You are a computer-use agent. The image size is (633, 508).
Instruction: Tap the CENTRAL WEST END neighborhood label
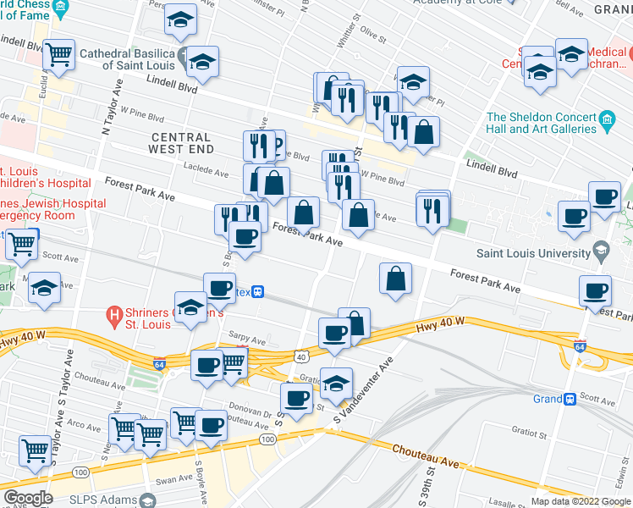pos(180,143)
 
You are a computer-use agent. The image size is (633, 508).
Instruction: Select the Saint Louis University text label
pos(533,253)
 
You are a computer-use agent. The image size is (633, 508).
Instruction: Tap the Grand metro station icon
pos(571,398)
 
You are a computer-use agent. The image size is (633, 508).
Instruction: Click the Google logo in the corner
pos(27,498)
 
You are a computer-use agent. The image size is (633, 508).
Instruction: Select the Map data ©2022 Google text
pos(581,501)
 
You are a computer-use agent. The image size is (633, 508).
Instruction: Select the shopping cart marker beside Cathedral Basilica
pos(58,55)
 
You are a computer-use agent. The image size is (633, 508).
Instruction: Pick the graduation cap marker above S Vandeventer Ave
pos(336,384)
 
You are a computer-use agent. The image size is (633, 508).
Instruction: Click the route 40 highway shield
pos(300,356)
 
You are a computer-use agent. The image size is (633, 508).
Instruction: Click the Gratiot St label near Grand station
pos(529,433)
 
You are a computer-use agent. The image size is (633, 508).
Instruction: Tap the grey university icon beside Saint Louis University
pos(601,251)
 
